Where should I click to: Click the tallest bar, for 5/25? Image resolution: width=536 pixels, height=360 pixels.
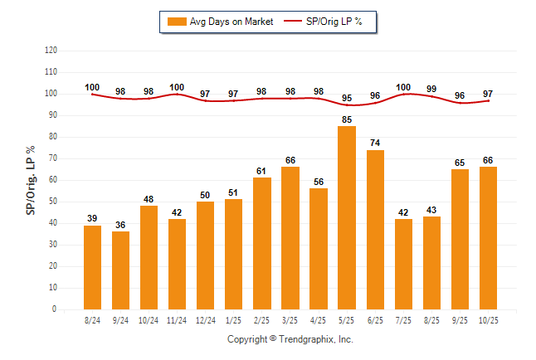click(x=347, y=217)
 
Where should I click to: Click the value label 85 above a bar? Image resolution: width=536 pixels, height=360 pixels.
click(x=347, y=119)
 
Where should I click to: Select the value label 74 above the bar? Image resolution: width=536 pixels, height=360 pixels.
click(x=375, y=143)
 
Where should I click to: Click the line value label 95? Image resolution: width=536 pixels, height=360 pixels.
click(x=347, y=98)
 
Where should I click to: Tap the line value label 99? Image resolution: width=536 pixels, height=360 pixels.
click(x=431, y=89)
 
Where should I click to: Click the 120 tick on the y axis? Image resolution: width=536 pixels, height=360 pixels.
click(x=51, y=51)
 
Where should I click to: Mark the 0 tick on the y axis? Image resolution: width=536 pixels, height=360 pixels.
click(x=55, y=309)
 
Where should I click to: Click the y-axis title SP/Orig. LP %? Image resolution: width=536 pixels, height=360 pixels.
click(x=31, y=179)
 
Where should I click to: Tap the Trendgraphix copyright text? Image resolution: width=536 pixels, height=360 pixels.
click(x=290, y=339)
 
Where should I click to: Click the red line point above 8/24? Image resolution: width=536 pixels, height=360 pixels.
click(x=93, y=94)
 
